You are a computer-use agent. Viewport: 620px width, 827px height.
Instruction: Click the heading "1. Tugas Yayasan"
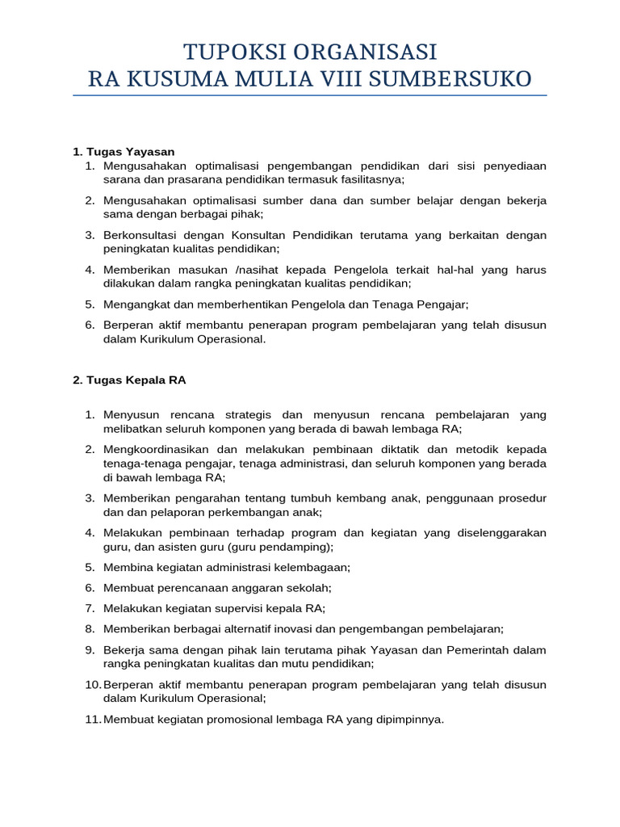[x=124, y=152]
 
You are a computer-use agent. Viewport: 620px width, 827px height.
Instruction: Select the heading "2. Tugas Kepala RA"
[x=129, y=380]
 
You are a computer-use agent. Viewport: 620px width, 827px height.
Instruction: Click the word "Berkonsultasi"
[x=140, y=235]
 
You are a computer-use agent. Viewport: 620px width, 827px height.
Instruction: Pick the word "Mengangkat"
[x=136, y=304]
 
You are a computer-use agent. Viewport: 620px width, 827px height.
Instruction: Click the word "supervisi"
[x=252, y=608]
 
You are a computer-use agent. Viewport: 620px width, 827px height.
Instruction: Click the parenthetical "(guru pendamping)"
[x=283, y=547]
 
